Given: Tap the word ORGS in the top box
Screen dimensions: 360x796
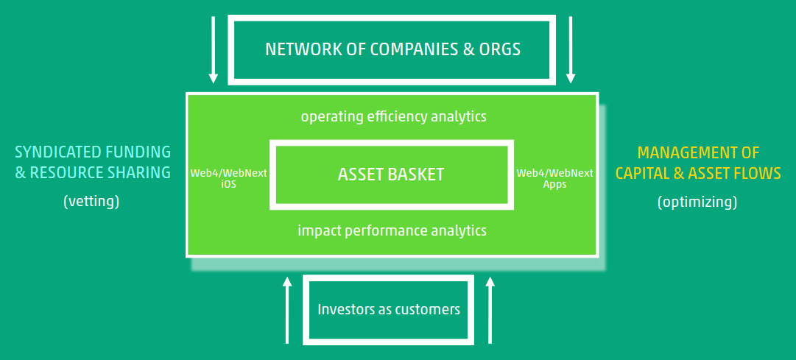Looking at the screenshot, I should pyautogui.click(x=501, y=50).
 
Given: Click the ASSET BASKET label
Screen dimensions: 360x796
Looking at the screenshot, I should pyautogui.click(x=391, y=174).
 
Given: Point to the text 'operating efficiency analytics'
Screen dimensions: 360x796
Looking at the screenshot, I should pyautogui.click(x=393, y=116).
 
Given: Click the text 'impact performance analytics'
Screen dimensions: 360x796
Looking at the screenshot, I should pyautogui.click(x=392, y=230).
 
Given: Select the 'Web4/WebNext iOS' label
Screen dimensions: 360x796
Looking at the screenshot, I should pyautogui.click(x=228, y=179).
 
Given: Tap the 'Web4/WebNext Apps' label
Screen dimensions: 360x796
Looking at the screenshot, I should pyautogui.click(x=554, y=179).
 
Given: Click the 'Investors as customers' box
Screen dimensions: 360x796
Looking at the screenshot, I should pyautogui.click(x=389, y=309).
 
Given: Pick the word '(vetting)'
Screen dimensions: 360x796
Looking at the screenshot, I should pyautogui.click(x=91, y=201).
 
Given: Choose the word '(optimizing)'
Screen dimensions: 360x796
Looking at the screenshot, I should pyautogui.click(x=697, y=201).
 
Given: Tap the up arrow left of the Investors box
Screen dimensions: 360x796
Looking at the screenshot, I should pyautogui.click(x=288, y=310).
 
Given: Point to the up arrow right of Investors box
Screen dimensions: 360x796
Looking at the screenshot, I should pyautogui.click(x=490, y=310).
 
